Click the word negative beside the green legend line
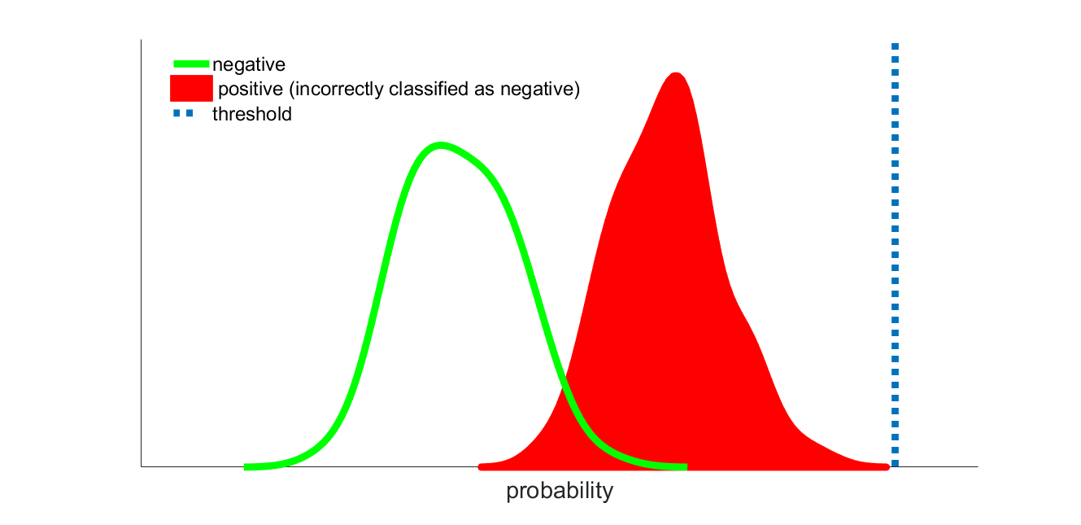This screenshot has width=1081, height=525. pyautogui.click(x=249, y=65)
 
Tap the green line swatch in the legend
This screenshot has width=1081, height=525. pyautogui.click(x=191, y=63)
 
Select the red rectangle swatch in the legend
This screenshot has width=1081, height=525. pyautogui.click(x=191, y=89)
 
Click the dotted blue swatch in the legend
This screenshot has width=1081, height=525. pyautogui.click(x=183, y=113)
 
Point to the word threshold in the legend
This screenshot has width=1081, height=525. pyautogui.click(x=252, y=115)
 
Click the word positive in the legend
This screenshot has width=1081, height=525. pyautogui.click(x=251, y=90)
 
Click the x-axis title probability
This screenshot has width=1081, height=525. pyautogui.click(x=560, y=491)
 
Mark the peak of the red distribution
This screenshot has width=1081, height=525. pyautogui.click(x=676, y=73)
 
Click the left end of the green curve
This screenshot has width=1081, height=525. pyautogui.click(x=245, y=467)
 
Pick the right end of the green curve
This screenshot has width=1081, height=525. pyautogui.click(x=687, y=467)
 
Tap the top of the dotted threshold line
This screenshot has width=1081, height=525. pyautogui.click(x=896, y=44)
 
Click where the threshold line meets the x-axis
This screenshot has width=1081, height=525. pyautogui.click(x=896, y=466)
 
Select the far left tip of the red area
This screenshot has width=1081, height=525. pyautogui.click(x=479, y=467)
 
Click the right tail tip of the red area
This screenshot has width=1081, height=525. pyautogui.click(x=888, y=466)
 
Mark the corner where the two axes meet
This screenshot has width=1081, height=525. pyautogui.click(x=141, y=466)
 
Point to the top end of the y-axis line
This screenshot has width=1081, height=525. pyautogui.click(x=141, y=40)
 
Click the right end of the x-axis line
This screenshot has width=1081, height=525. pyautogui.click(x=978, y=466)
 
